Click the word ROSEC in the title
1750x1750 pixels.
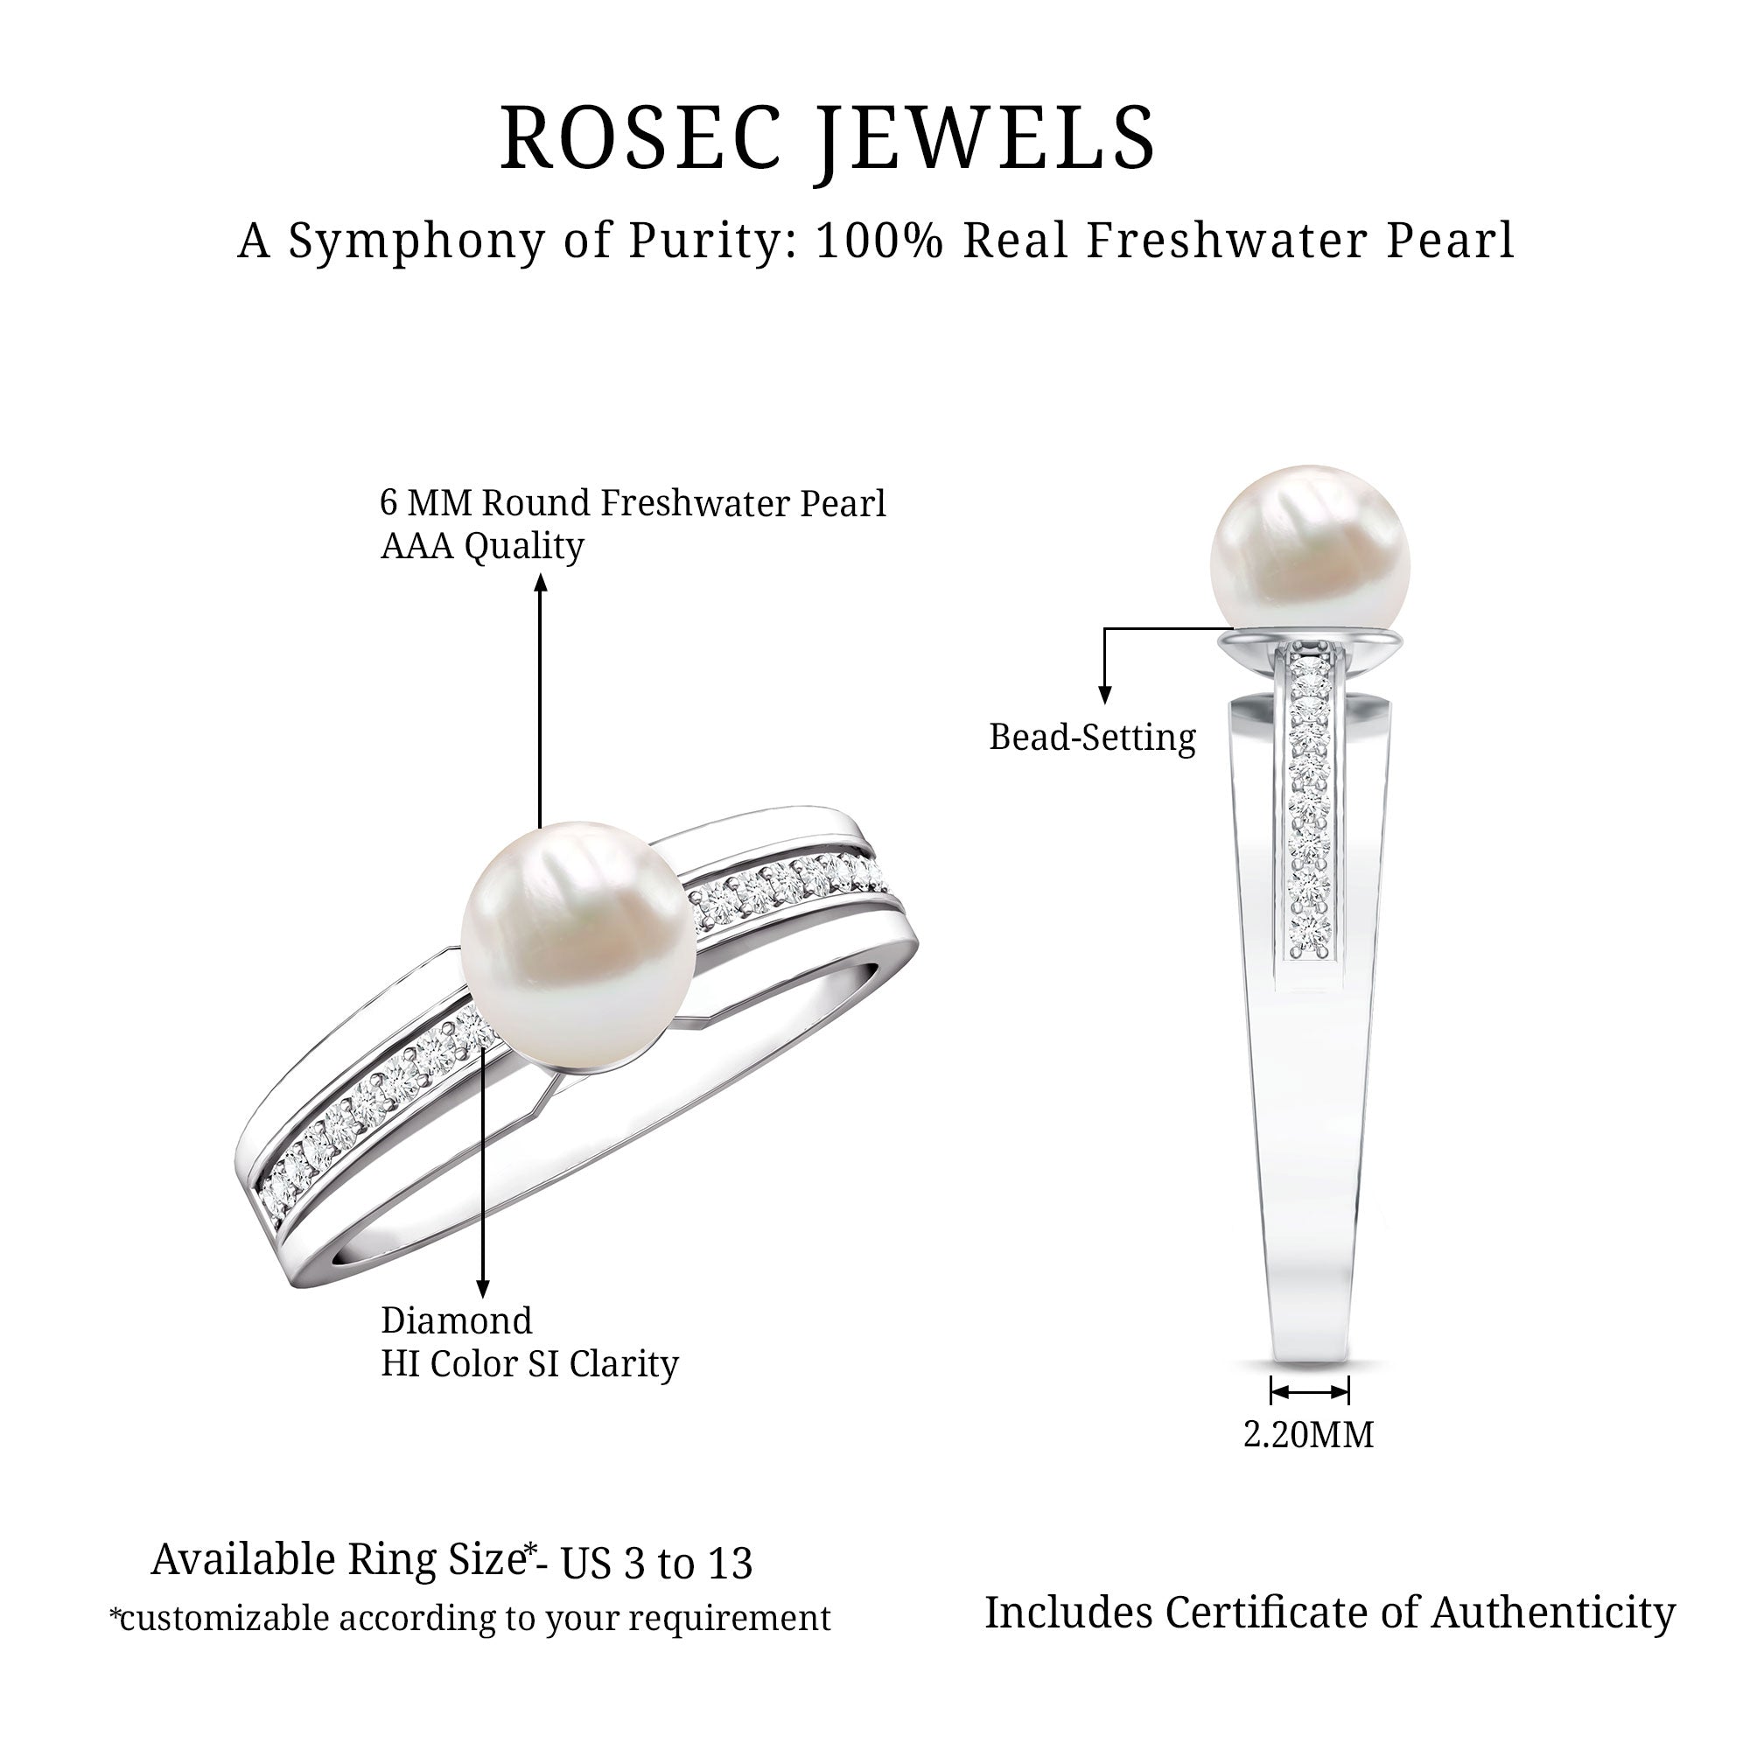[x=640, y=137]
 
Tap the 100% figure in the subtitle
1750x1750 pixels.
[x=878, y=241]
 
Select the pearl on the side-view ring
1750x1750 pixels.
[x=1309, y=548]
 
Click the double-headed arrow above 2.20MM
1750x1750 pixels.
[x=1310, y=1390]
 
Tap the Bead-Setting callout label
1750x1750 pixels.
[x=1091, y=738]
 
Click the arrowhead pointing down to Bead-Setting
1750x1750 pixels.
[x=1104, y=695]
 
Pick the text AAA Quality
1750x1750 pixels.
[x=482, y=546]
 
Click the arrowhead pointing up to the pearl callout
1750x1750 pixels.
[x=541, y=584]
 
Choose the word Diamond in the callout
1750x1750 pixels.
[x=457, y=1320]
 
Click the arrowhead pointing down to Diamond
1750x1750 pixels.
[x=483, y=1289]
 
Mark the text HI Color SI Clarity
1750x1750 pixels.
[x=529, y=1364]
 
